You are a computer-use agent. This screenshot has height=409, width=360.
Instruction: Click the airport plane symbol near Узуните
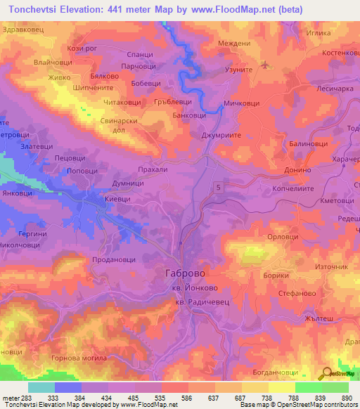(x=265, y=66)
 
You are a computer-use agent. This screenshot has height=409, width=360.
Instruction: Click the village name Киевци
(x=117, y=200)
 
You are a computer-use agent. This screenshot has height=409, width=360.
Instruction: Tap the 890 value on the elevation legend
(x=346, y=398)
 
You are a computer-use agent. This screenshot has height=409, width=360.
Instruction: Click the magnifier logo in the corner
(x=327, y=374)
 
